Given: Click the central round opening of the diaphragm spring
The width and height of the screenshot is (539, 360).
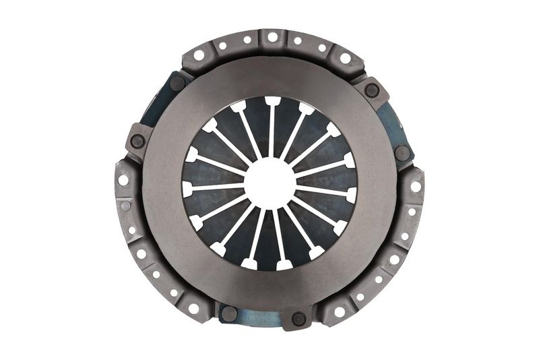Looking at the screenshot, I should (269, 183).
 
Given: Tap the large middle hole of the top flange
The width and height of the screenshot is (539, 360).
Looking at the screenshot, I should (273, 38).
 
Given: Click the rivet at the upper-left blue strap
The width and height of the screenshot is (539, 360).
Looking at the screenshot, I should (177, 83).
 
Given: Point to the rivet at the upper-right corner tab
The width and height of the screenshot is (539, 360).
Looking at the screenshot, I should (371, 90).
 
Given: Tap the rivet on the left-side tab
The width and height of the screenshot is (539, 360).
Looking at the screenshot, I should (138, 142).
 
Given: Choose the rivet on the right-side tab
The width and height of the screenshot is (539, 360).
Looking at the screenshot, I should (402, 153).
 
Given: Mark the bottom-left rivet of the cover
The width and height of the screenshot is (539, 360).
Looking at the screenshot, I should (228, 313).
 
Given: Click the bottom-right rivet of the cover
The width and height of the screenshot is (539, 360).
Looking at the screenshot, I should (298, 318).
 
